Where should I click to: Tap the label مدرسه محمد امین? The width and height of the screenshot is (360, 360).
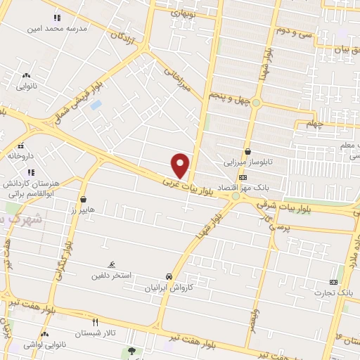56,29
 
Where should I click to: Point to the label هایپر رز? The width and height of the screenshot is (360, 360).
83,210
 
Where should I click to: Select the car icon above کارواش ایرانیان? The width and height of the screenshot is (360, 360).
169,276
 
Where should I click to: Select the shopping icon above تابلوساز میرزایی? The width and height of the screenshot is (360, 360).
247,150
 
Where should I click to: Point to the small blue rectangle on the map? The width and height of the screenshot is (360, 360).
96,105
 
